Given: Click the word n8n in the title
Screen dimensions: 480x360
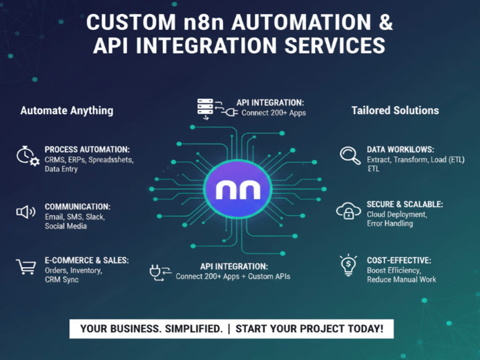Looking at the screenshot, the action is pyautogui.click(x=204, y=23).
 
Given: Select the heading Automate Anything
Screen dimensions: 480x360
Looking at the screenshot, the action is pyautogui.click(x=67, y=110).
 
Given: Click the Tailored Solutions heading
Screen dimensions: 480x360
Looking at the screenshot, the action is pyautogui.click(x=395, y=110).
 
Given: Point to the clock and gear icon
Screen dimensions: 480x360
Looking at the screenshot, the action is pyautogui.click(x=28, y=156).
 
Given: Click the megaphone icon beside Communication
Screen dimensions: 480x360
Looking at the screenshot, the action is pyautogui.click(x=26, y=212).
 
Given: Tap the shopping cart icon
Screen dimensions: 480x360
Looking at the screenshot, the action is pyautogui.click(x=26, y=266).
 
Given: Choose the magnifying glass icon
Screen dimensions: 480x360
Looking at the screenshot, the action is pyautogui.click(x=350, y=156).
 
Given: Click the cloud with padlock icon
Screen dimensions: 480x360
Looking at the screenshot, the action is pyautogui.click(x=348, y=211).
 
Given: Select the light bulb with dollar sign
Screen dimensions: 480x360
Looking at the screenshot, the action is pyautogui.click(x=348, y=265).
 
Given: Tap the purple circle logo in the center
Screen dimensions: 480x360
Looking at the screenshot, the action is pyautogui.click(x=238, y=189).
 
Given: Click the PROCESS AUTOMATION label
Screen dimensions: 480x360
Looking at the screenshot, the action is pyautogui.click(x=87, y=149).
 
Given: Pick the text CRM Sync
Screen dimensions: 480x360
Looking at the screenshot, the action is pyautogui.click(x=61, y=279).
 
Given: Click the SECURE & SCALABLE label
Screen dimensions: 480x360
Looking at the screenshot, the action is pyautogui.click(x=405, y=204).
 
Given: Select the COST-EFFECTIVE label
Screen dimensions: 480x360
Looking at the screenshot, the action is pyautogui.click(x=399, y=260).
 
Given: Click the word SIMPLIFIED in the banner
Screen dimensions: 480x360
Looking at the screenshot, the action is pyautogui.click(x=193, y=329).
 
